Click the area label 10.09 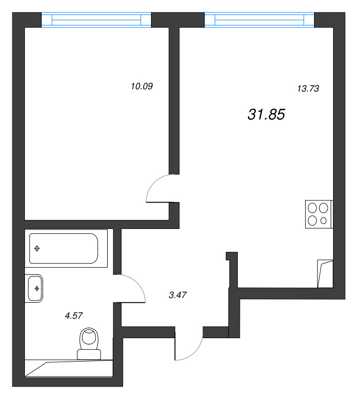click(x=142, y=86)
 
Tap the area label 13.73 click(x=308, y=89)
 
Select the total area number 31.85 click(x=266, y=114)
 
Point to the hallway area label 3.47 click(x=178, y=295)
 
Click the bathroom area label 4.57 click(x=74, y=316)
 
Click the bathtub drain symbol click(x=37, y=248)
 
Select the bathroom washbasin click(x=34, y=288)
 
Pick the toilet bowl click(x=89, y=339)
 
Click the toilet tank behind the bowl click(x=89, y=355)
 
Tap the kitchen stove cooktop click(x=319, y=214)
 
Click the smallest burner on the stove click(x=324, y=220)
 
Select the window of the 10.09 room click(x=96, y=19)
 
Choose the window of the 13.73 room click(x=259, y=19)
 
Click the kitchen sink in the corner click(x=325, y=274)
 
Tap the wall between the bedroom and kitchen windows click(x=178, y=20)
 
